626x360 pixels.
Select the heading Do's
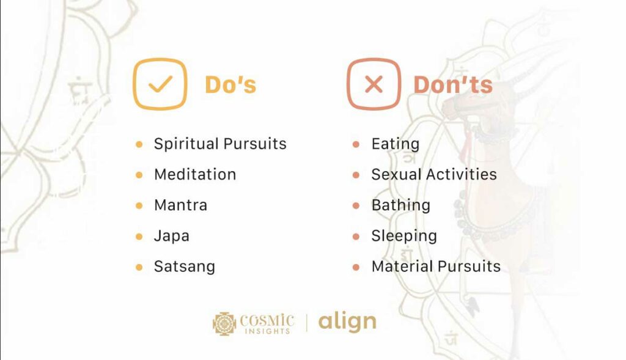(x=230, y=84)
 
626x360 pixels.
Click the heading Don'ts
(x=453, y=84)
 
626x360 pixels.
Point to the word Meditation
(x=195, y=174)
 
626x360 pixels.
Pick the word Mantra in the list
(x=181, y=205)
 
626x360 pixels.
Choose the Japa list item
(x=172, y=236)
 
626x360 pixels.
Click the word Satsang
(x=185, y=266)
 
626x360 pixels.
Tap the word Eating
(x=396, y=144)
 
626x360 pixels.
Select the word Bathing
(x=401, y=205)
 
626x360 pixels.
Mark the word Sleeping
(x=404, y=236)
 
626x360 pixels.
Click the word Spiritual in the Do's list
(x=186, y=144)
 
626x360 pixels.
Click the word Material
(x=402, y=266)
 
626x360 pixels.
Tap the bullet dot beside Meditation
(x=139, y=175)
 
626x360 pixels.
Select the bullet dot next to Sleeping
(x=356, y=237)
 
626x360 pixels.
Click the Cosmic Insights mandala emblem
(x=224, y=324)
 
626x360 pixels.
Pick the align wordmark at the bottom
(x=347, y=321)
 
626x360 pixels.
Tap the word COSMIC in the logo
(x=267, y=320)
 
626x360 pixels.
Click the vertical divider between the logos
(x=307, y=323)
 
